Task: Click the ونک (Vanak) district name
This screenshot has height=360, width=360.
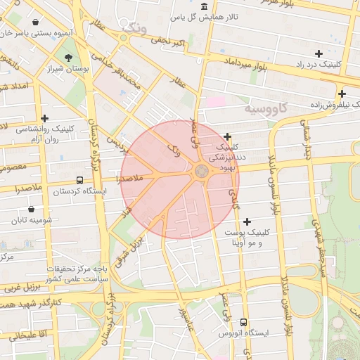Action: pyautogui.click(x=134, y=27)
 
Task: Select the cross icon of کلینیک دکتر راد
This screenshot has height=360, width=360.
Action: pyautogui.click(x=319, y=53)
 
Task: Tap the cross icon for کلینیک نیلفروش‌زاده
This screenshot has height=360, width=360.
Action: pyautogui.click(x=342, y=94)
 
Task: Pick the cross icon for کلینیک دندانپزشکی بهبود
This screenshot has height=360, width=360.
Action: pyautogui.click(x=227, y=136)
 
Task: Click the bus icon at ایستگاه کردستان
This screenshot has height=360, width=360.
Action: pyautogui.click(x=79, y=180)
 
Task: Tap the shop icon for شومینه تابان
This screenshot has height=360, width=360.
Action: pyautogui.click(x=32, y=209)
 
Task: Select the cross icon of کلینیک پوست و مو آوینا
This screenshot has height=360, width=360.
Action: pyautogui.click(x=247, y=221)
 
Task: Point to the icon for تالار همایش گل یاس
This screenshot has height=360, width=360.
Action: pyautogui.click(x=204, y=6)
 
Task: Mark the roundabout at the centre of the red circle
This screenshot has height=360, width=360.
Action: pyautogui.click(x=201, y=171)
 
